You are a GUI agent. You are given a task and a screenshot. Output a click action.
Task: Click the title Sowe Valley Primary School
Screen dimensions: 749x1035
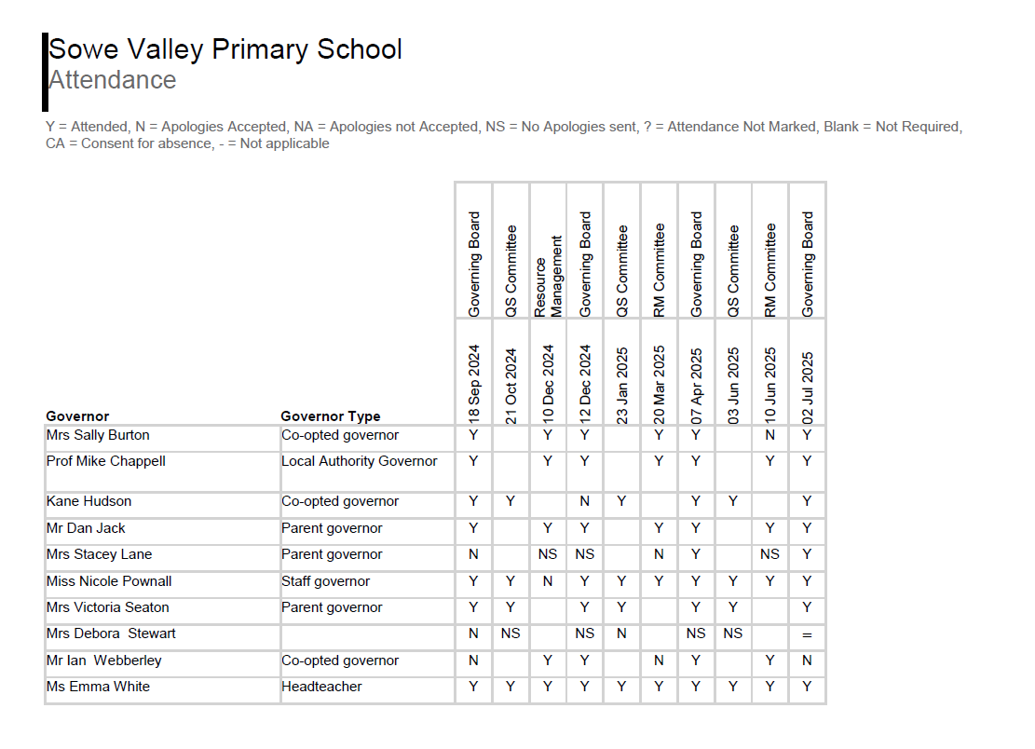coord(225,49)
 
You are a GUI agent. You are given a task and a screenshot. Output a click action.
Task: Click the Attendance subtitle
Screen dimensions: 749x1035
coord(113,80)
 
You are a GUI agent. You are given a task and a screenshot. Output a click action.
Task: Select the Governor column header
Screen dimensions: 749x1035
coord(77,416)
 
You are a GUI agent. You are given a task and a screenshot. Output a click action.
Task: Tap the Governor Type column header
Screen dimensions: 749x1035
coord(331,416)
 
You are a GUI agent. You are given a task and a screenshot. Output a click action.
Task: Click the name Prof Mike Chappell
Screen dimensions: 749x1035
coord(106,461)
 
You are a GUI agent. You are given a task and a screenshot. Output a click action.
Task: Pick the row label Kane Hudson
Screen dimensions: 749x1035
coord(89,501)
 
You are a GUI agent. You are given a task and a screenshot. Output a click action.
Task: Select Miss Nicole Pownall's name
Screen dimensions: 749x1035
coord(109,581)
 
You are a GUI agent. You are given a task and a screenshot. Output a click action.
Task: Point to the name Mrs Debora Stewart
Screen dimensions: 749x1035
coord(111,633)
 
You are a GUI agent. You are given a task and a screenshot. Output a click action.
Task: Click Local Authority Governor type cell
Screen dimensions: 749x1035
coord(360,461)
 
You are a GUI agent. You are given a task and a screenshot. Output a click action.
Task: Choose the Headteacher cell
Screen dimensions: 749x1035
coord(321,687)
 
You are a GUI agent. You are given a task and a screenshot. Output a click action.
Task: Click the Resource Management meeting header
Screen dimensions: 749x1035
coord(548,276)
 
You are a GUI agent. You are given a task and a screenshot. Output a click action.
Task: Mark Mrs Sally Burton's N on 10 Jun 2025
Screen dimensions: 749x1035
coord(770,435)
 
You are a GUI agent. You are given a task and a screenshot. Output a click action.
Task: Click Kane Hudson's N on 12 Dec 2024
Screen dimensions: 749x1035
coord(585,501)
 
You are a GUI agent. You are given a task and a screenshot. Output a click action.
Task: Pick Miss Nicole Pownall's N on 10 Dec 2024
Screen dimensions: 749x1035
coord(548,581)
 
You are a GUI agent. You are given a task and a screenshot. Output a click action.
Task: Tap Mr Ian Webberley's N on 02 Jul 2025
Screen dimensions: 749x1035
coord(808,660)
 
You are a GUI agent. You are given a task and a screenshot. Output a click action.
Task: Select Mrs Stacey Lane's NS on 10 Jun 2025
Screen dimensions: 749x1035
coord(770,554)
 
